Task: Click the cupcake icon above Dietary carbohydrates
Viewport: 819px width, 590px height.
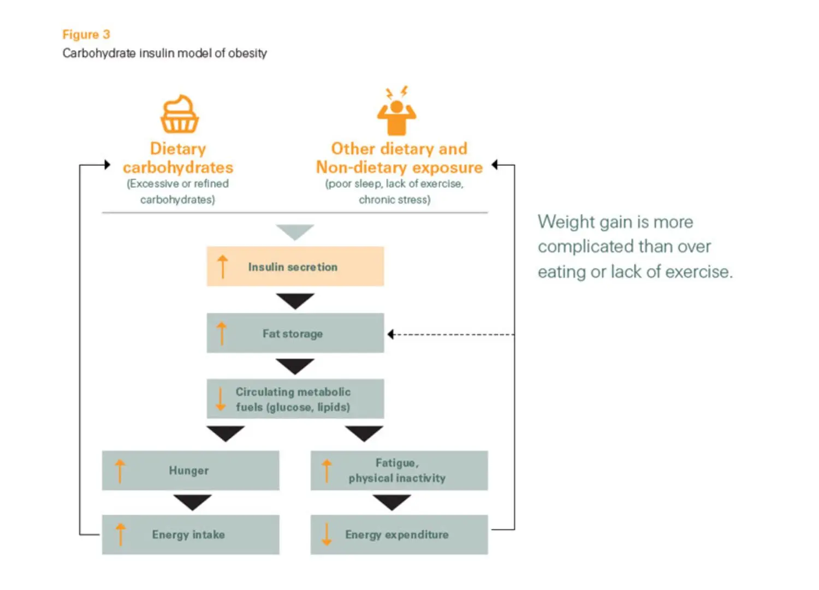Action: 179,114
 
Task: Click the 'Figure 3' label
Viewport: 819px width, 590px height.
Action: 86,34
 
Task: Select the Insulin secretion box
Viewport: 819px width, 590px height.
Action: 295,266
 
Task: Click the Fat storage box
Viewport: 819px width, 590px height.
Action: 295,333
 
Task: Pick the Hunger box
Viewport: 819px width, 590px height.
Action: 190,470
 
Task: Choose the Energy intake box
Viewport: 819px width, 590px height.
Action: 190,534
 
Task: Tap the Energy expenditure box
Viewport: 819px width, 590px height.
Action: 399,534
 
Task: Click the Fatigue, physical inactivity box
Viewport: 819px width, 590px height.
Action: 399,470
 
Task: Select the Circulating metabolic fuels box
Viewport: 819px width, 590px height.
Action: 295,399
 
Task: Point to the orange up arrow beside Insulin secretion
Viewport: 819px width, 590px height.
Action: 222,266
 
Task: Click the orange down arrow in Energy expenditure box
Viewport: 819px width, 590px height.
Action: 327,534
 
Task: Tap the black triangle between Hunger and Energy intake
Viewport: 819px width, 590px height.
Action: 192,502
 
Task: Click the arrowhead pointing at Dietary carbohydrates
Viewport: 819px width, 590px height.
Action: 107,164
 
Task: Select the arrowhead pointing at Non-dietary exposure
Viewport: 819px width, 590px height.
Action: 495,164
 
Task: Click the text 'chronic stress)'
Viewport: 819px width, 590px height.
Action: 394,200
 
